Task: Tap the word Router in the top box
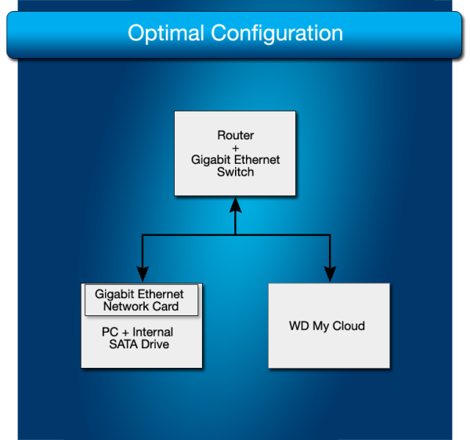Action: click(x=235, y=136)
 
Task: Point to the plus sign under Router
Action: click(x=235, y=147)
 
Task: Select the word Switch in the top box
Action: click(x=235, y=172)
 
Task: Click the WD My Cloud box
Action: click(x=329, y=345)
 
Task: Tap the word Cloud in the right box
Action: click(x=349, y=326)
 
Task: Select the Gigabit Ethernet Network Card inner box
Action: click(x=141, y=300)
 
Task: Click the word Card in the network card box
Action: click(x=165, y=307)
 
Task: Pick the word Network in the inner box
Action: click(x=127, y=307)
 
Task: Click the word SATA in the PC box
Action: click(x=126, y=344)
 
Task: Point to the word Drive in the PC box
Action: click(x=156, y=344)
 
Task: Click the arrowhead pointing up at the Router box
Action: click(x=235, y=205)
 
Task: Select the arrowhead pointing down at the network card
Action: click(x=142, y=274)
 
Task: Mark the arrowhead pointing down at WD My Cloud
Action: click(x=330, y=274)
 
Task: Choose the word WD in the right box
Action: click(x=299, y=326)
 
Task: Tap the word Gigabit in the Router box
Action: click(x=211, y=160)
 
